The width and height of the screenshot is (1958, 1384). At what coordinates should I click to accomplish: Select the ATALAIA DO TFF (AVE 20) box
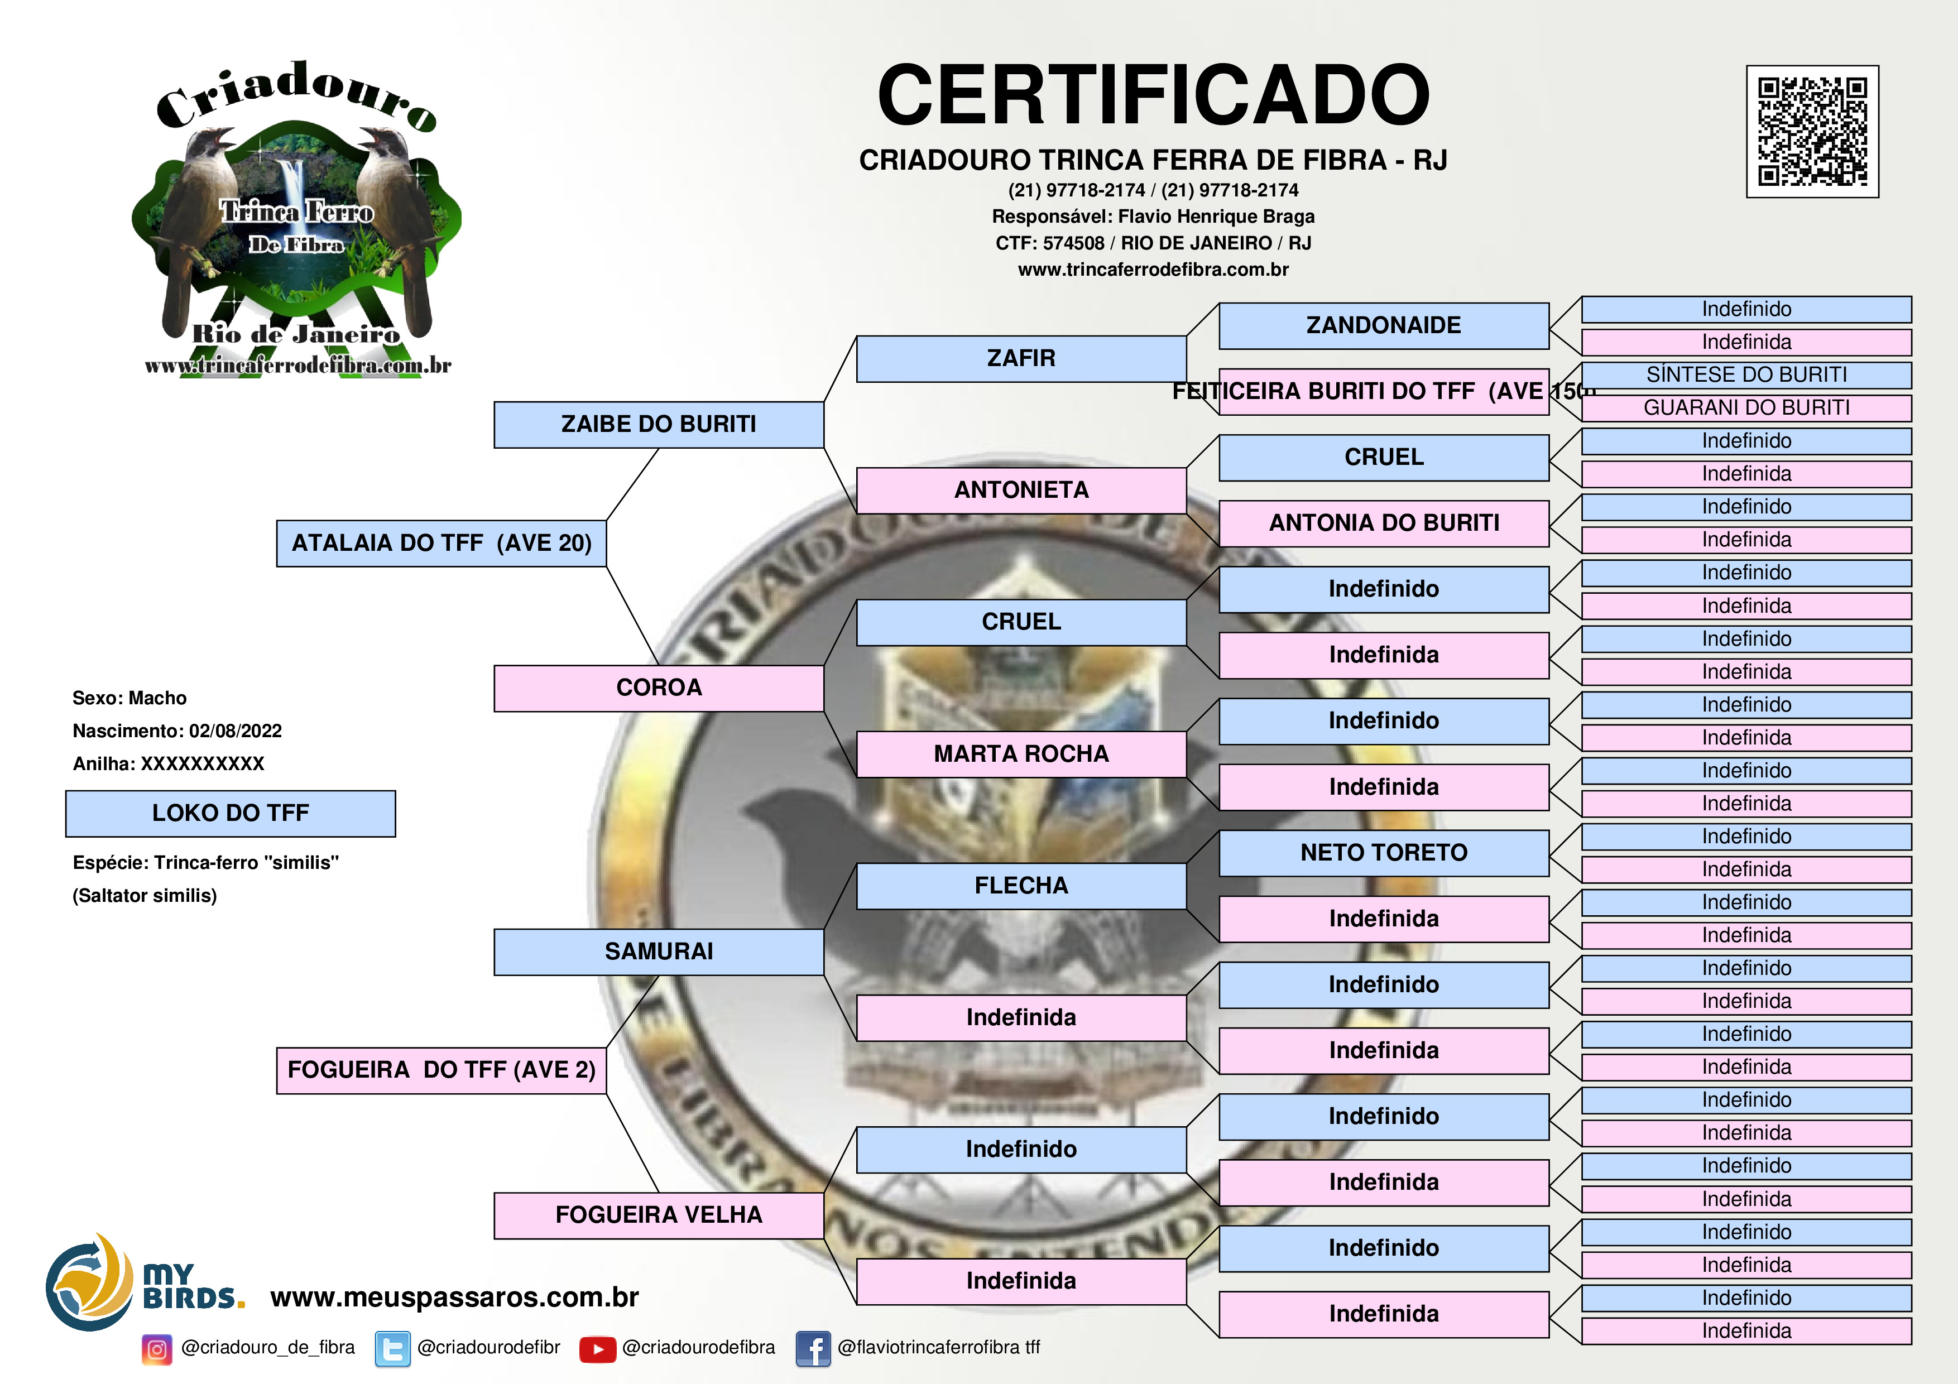441,543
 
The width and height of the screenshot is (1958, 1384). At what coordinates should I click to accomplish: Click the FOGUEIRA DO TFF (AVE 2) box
441,1070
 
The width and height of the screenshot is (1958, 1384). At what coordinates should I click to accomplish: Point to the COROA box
659,688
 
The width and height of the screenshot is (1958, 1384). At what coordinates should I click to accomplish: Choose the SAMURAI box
659,952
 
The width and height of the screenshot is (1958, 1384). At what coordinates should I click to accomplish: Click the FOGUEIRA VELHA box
659,1215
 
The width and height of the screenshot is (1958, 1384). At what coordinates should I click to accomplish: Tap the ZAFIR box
1021,358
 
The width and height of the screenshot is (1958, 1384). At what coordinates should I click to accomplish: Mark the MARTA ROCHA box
1021,754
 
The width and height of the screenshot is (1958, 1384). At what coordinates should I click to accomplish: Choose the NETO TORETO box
1383,853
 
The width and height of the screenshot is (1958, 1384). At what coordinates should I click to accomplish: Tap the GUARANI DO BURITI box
1746,407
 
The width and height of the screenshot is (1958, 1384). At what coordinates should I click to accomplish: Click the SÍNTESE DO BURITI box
1746,375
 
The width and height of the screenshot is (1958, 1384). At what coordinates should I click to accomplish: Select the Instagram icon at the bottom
157,1349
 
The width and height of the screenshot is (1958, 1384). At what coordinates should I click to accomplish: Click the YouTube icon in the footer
597,1349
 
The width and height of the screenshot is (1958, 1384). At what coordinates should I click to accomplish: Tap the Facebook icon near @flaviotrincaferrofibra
813,1349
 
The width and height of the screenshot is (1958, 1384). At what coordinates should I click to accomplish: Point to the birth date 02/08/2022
236,731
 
